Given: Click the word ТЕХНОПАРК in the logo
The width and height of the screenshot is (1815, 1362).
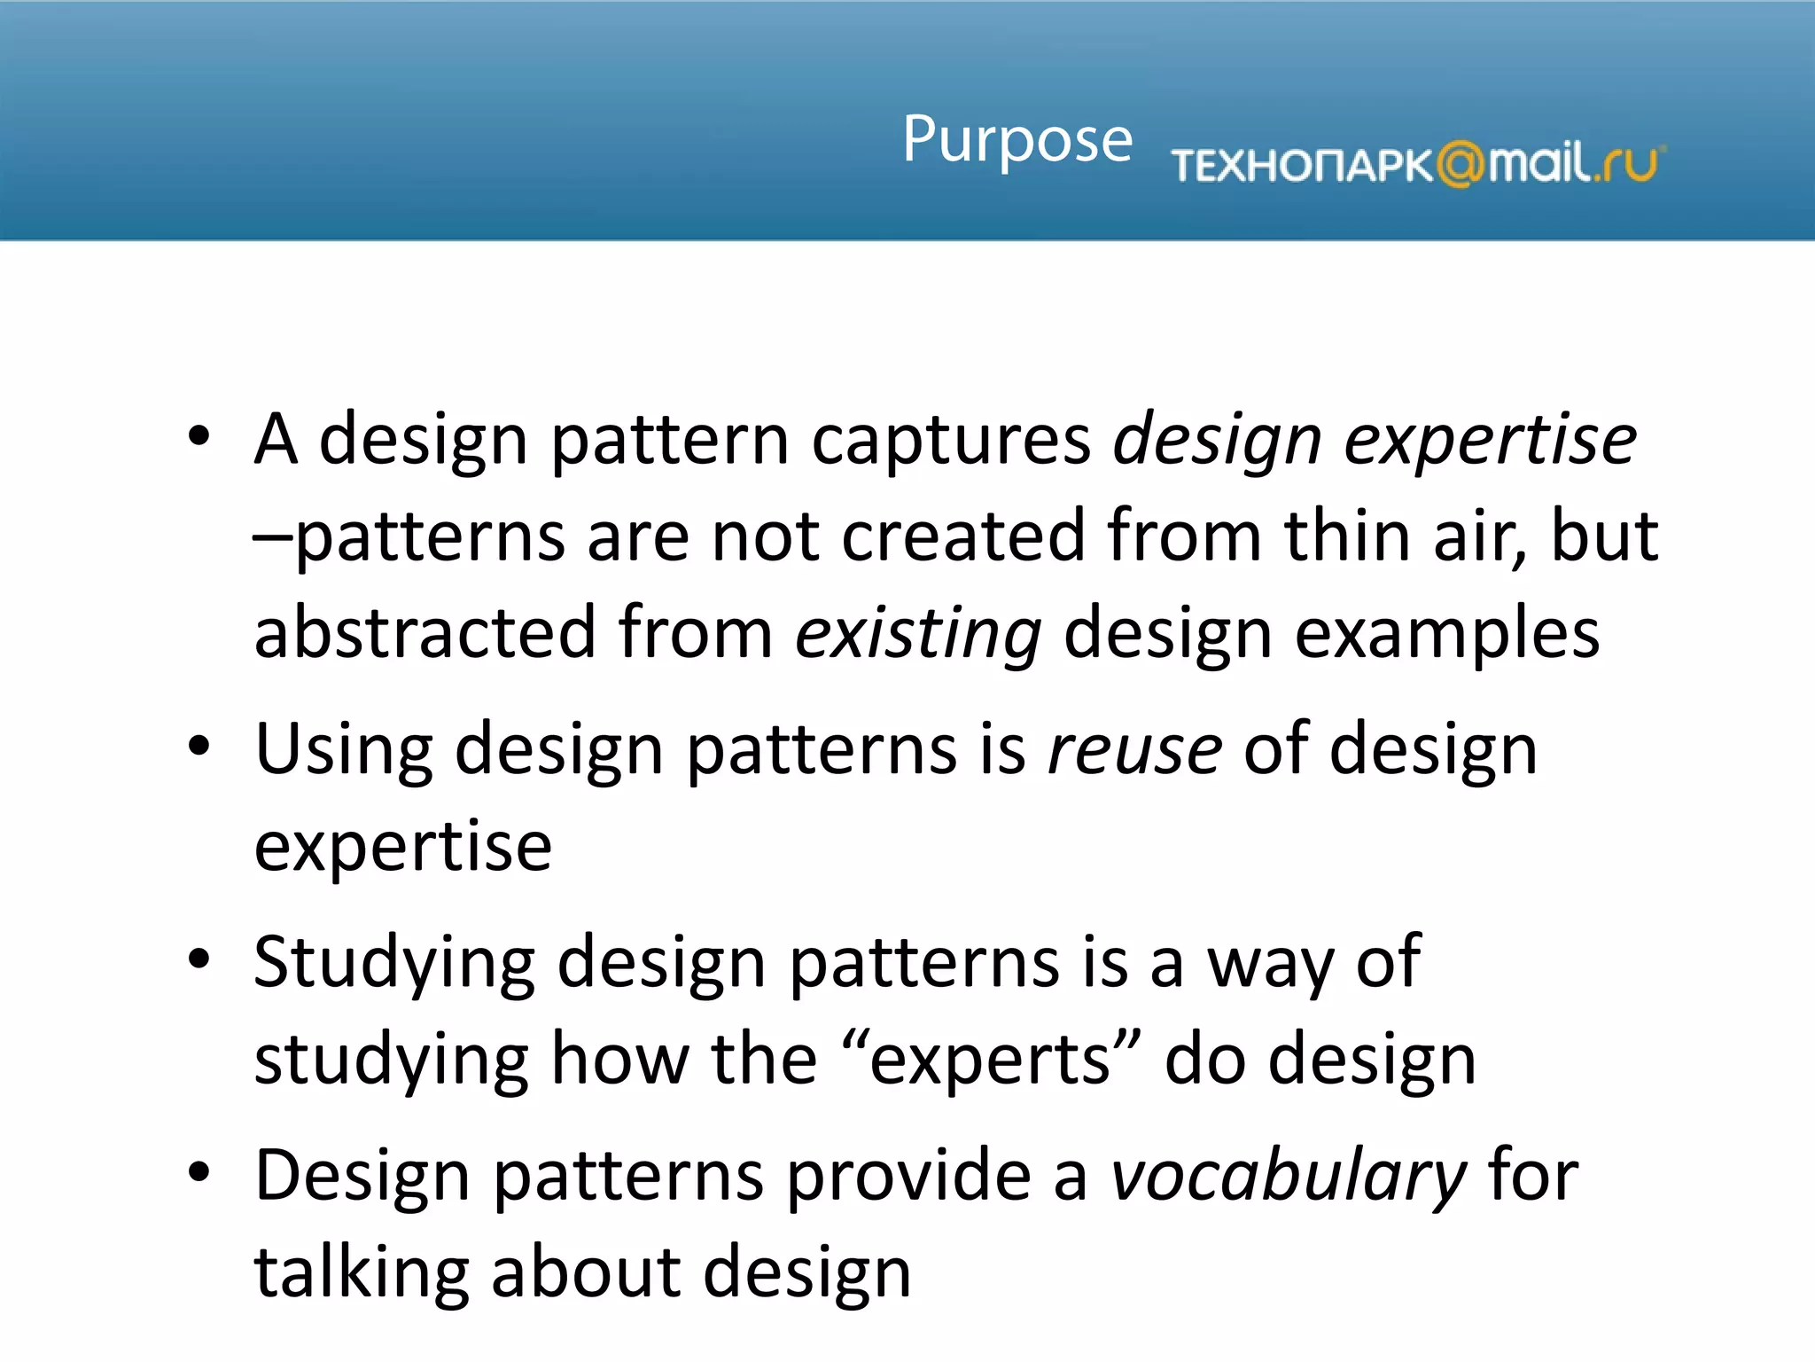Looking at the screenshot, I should pos(1301,166).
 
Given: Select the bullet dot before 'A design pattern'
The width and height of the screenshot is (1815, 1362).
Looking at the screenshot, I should pos(199,436).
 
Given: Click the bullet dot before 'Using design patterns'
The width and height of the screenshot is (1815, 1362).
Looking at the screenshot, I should pos(199,747).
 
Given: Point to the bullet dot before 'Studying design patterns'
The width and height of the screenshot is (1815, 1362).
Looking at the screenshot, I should pos(199,959).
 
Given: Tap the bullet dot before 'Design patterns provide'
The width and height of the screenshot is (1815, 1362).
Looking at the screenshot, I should pos(199,1172).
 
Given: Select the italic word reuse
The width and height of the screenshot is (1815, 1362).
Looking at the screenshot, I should pos(1134,749).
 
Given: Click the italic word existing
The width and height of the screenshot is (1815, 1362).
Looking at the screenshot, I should pos(917,634).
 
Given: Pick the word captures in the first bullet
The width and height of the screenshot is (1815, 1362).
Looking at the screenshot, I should pos(951,441).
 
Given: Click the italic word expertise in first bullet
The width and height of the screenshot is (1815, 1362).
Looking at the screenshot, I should pos(1489,441).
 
